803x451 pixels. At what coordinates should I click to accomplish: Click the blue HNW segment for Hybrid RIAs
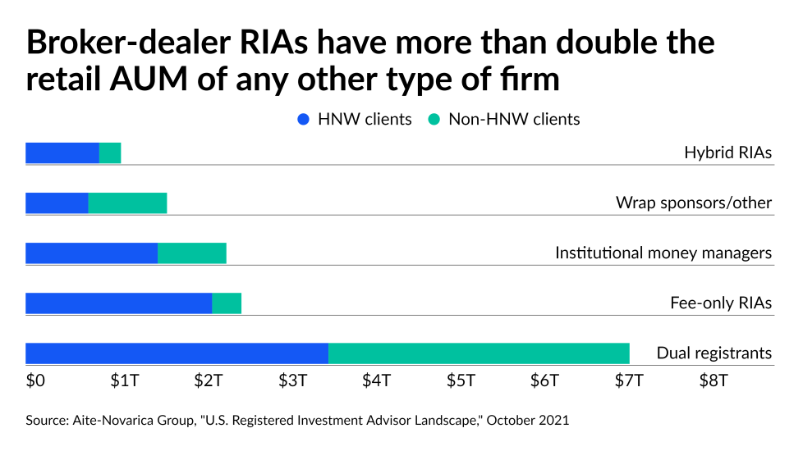click(x=62, y=153)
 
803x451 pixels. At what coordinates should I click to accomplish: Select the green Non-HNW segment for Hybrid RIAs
click(x=110, y=153)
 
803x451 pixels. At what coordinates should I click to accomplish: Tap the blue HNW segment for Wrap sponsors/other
click(x=57, y=203)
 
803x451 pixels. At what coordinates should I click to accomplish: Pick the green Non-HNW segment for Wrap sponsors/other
click(x=127, y=203)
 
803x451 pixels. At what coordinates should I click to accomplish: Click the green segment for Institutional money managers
click(x=191, y=253)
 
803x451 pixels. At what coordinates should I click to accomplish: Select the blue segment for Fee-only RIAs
click(x=118, y=303)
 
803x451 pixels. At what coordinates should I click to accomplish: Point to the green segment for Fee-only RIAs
click(x=227, y=303)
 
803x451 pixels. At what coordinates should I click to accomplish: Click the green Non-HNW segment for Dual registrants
click(x=479, y=353)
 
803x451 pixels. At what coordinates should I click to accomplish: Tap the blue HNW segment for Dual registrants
click(x=177, y=353)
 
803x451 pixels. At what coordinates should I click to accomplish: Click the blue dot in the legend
click(x=304, y=120)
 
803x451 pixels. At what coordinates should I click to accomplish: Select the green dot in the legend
click(x=434, y=120)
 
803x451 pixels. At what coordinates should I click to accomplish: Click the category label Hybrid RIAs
click(x=727, y=153)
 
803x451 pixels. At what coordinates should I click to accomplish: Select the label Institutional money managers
click(x=663, y=253)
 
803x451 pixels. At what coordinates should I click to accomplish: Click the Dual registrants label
click(x=714, y=353)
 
